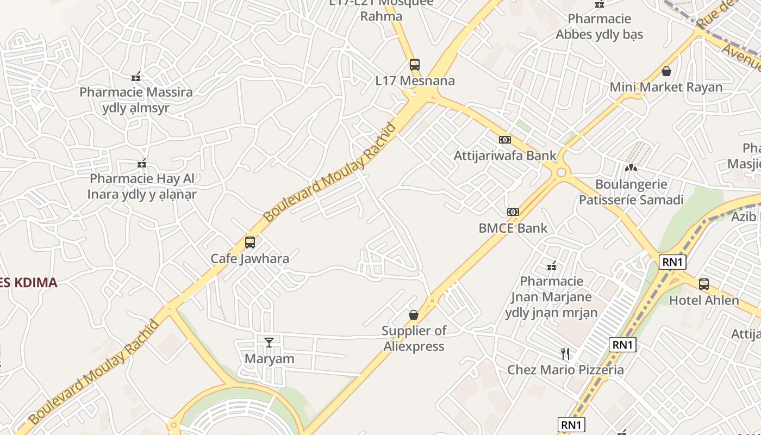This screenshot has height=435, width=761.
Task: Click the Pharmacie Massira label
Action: [x=136, y=100]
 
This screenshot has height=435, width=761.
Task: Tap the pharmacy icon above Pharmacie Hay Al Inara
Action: [x=142, y=163]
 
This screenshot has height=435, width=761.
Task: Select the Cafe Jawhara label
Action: [x=249, y=258]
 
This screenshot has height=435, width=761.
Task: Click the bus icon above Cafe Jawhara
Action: [x=249, y=242]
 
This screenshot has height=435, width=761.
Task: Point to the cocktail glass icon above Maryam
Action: [x=269, y=342]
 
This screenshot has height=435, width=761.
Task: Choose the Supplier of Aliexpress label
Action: [x=414, y=338]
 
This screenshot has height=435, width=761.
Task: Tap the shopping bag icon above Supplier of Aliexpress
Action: [x=414, y=314]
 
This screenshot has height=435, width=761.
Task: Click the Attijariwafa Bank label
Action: [x=505, y=156]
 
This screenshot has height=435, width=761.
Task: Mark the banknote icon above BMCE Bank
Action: [x=513, y=212]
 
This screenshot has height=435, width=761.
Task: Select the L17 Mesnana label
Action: [x=415, y=81]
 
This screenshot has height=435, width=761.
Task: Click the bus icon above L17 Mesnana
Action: [x=415, y=65]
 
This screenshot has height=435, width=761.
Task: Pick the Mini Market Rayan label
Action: [x=666, y=87]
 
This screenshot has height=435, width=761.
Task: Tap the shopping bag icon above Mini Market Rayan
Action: [x=666, y=71]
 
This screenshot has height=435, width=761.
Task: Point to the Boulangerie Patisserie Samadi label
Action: [x=631, y=192]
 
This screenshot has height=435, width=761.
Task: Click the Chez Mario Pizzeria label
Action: [x=565, y=370]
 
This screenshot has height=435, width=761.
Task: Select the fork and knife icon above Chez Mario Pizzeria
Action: [x=565, y=354]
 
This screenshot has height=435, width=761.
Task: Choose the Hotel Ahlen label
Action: [x=704, y=300]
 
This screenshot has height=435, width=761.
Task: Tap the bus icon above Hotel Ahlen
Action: [x=704, y=284]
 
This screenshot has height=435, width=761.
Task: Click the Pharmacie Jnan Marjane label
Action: [x=551, y=297]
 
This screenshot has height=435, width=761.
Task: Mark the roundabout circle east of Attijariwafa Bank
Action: [x=561, y=173]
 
